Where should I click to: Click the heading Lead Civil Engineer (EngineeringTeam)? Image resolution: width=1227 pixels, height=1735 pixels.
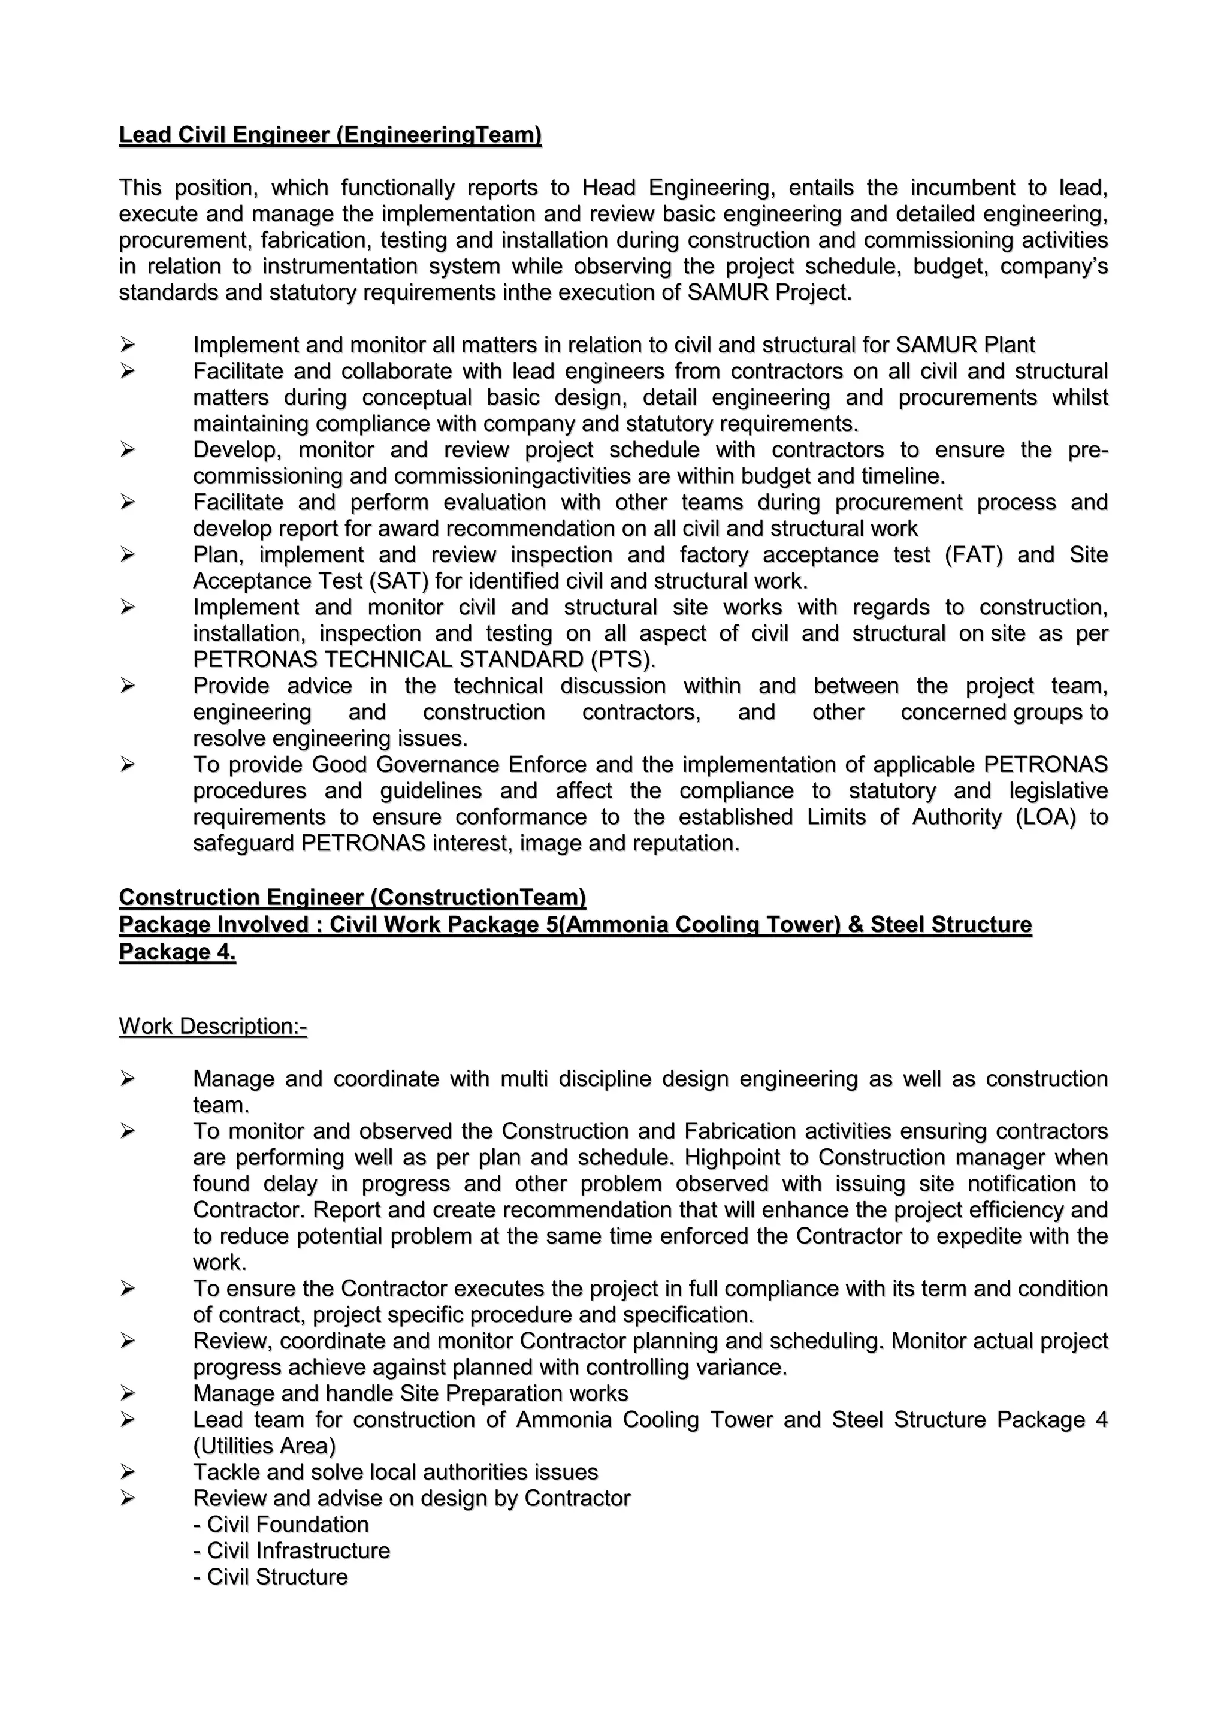[330, 135]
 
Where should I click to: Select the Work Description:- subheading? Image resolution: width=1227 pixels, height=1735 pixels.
[213, 1026]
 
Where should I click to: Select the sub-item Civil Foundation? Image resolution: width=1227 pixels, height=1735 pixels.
[281, 1524]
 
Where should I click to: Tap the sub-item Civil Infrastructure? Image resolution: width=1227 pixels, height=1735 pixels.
[292, 1550]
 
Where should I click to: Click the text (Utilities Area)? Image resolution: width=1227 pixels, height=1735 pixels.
[264, 1446]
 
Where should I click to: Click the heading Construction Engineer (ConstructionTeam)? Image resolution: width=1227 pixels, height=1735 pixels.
[352, 897]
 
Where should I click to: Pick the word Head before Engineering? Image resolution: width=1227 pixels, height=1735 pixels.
[608, 188]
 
